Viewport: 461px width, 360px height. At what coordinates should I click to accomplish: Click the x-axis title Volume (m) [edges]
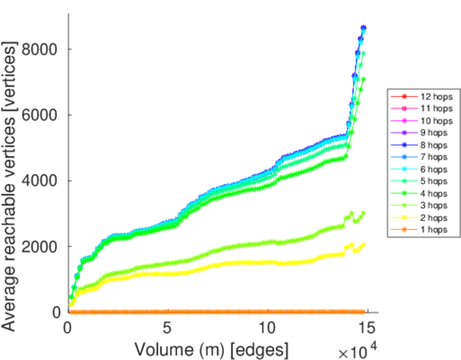tap(211, 349)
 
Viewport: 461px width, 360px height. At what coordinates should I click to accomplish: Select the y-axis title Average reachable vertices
tap(11, 186)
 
